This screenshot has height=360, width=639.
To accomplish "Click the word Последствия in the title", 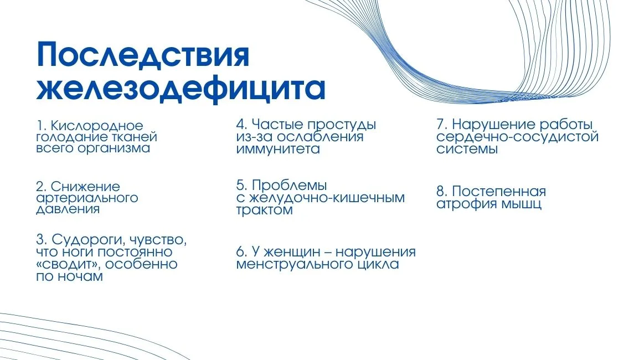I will pyautogui.click(x=143, y=56).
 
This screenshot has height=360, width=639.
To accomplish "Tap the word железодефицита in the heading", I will pyautogui.click(x=181, y=89).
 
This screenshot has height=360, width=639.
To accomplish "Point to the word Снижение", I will pyautogui.click(x=85, y=186).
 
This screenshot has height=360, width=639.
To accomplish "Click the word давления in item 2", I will pyautogui.click(x=68, y=209).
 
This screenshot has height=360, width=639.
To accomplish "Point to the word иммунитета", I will pyautogui.click(x=278, y=149).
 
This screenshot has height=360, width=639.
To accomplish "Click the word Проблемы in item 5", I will pyautogui.click(x=289, y=185).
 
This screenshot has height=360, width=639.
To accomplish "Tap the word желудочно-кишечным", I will pyautogui.click(x=327, y=198).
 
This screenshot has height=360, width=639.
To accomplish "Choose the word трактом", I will pyautogui.click(x=265, y=210).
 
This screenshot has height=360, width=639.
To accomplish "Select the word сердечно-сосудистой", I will pyautogui.click(x=518, y=137).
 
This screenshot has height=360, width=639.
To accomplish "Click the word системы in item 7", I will pyautogui.click(x=467, y=149).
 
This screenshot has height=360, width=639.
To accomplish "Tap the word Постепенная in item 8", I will pyautogui.click(x=498, y=192).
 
